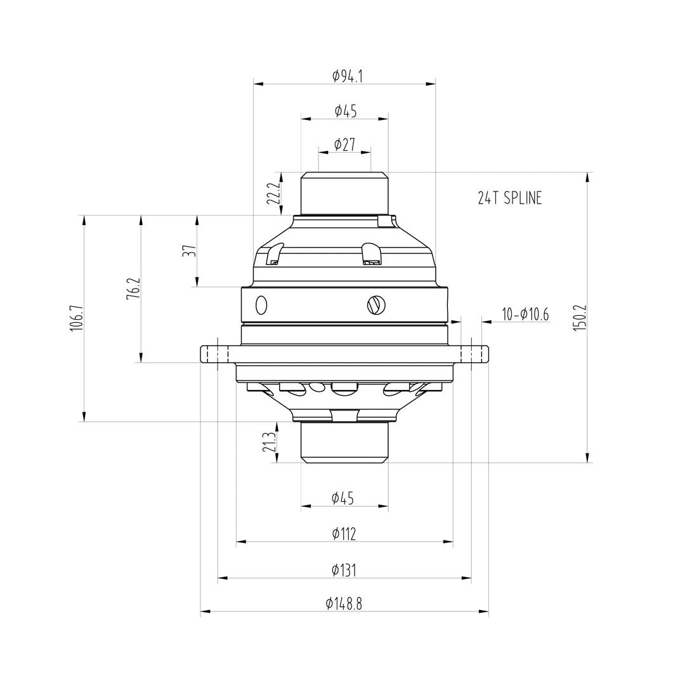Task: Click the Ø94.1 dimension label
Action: [x=348, y=76]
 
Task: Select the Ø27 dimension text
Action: [x=344, y=145]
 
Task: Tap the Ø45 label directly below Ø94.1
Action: [x=346, y=111]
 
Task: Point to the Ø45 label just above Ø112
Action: [x=342, y=499]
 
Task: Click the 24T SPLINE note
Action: [x=510, y=198]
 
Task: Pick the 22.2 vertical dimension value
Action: [x=273, y=193]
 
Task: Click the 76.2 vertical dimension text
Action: [x=133, y=289]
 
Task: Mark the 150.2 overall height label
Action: [x=580, y=317]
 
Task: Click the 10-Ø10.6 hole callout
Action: [x=525, y=314]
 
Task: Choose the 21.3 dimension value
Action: [x=270, y=442]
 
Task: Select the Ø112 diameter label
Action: [x=344, y=534]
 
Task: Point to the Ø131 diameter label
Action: [x=344, y=570]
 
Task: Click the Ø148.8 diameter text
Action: [x=344, y=604]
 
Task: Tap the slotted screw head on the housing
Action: [x=375, y=306]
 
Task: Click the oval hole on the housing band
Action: [x=261, y=305]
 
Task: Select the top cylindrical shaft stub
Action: [x=344, y=194]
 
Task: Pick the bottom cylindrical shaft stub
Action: [x=344, y=441]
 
